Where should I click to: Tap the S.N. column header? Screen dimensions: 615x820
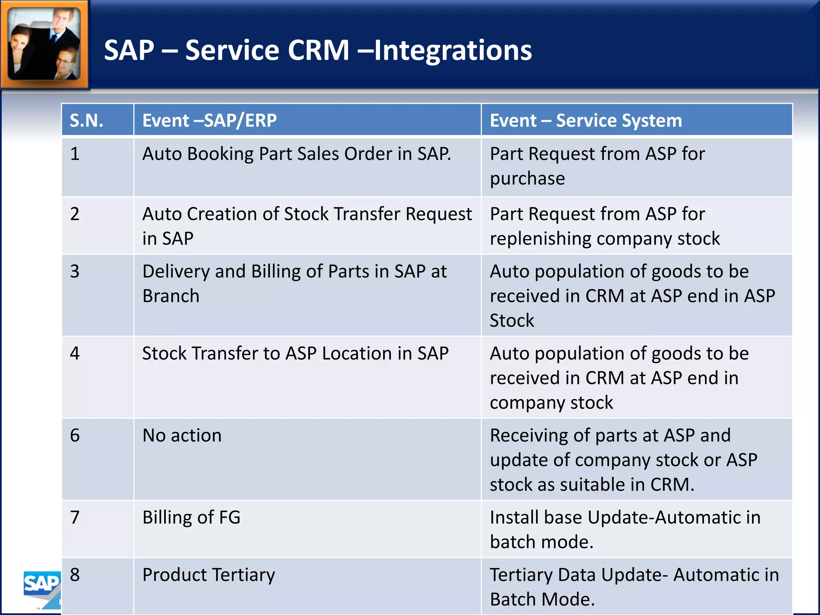pyautogui.click(x=86, y=120)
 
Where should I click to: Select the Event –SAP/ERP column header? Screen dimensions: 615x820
pyautogui.click(x=209, y=120)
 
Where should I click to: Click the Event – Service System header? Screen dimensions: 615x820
pyautogui.click(x=585, y=120)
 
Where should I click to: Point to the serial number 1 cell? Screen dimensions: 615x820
pyautogui.click(x=75, y=154)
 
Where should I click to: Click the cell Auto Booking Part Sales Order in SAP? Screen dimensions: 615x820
pyautogui.click(x=296, y=154)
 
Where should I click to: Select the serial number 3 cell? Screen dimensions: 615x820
pyautogui.click(x=75, y=271)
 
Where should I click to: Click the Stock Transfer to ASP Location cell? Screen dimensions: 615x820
pyautogui.click(x=295, y=354)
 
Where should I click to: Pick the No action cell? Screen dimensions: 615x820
pyautogui.click(x=182, y=435)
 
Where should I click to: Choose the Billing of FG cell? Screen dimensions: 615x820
pyautogui.click(x=191, y=517)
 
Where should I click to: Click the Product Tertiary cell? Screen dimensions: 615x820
pyautogui.click(x=209, y=575)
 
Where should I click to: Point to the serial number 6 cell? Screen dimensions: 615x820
pyautogui.click(x=75, y=435)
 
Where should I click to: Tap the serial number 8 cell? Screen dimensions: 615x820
pyautogui.click(x=75, y=575)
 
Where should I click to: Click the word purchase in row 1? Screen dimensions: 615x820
pyautogui.click(x=527, y=179)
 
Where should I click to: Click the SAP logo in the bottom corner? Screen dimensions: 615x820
pyautogui.click(x=42, y=585)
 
